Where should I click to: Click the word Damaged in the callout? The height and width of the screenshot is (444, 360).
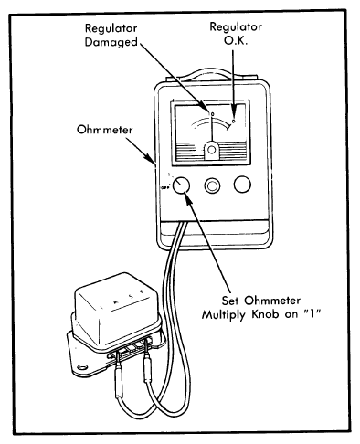click(111, 42)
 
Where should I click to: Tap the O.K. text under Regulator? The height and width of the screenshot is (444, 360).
click(236, 40)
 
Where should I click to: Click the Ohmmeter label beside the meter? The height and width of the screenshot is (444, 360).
click(104, 130)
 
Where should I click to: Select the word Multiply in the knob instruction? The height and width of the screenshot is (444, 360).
click(225, 314)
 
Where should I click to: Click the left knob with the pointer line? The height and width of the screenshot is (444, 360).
click(181, 185)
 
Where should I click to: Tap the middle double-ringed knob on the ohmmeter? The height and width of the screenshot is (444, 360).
click(212, 185)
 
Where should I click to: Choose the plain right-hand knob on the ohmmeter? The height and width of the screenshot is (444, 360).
click(242, 185)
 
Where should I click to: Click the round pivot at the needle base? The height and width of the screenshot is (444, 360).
click(212, 150)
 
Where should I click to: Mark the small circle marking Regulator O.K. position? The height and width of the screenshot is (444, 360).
click(234, 122)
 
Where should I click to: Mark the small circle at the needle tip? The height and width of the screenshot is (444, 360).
click(212, 114)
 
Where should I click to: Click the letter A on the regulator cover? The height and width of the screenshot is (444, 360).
click(115, 302)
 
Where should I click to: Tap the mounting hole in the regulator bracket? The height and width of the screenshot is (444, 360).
click(81, 366)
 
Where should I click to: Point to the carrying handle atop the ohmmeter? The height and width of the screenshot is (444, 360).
click(211, 74)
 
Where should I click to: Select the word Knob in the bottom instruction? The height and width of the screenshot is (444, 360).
click(266, 314)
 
